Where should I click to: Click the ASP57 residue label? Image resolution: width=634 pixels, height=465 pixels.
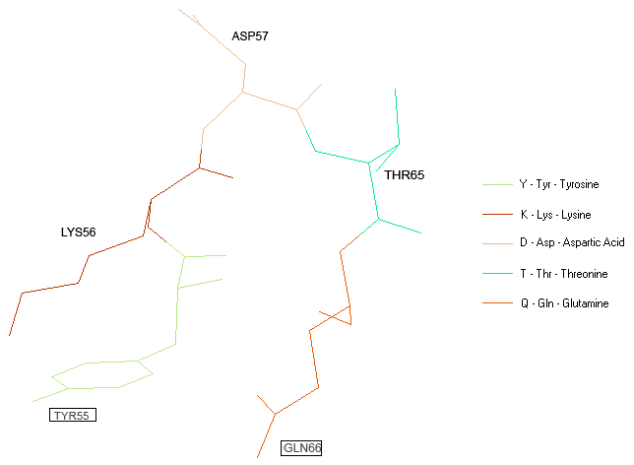pyautogui.click(x=250, y=36)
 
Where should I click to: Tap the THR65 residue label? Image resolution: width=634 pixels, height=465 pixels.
pyautogui.click(x=405, y=175)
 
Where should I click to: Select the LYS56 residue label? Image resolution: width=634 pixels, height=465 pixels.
pyautogui.click(x=79, y=232)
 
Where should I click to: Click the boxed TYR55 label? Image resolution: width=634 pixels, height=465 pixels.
pyautogui.click(x=73, y=415)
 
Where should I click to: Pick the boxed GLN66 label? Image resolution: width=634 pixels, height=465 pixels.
pyautogui.click(x=301, y=448)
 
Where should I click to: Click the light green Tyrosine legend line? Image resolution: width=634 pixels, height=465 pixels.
pyautogui.click(x=497, y=184)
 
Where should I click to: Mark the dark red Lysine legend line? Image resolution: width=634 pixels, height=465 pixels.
pyautogui.click(x=497, y=214)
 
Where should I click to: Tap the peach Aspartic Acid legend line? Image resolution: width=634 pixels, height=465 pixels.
pyautogui.click(x=497, y=243)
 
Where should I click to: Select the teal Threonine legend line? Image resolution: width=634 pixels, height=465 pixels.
pyautogui.click(x=497, y=274)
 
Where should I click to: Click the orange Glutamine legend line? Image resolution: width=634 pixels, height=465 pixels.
pyautogui.click(x=497, y=302)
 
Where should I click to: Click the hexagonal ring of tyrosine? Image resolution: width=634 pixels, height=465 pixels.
pyautogui.click(x=102, y=375)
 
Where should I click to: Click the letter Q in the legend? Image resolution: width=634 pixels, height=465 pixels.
pyautogui.click(x=525, y=303)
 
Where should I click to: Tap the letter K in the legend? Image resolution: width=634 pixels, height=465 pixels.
pyautogui.click(x=524, y=215)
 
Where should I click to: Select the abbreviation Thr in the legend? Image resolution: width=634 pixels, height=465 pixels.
pyautogui.click(x=543, y=274)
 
